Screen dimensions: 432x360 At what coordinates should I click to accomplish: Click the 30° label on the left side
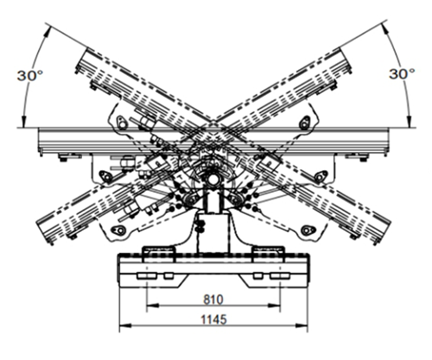[x=30, y=76]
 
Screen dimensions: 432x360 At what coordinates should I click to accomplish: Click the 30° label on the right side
[x=403, y=74]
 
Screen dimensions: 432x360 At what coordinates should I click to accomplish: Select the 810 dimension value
[x=213, y=300]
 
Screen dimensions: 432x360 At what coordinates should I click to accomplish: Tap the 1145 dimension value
[x=213, y=319]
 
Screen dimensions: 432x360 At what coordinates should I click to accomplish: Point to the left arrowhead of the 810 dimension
[x=152, y=306]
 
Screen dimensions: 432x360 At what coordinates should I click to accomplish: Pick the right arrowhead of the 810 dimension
[x=274, y=306]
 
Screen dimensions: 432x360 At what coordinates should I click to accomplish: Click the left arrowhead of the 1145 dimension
[x=125, y=325]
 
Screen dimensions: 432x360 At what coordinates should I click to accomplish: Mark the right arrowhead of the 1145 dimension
[x=302, y=325]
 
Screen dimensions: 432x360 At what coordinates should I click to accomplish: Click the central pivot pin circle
[x=213, y=180]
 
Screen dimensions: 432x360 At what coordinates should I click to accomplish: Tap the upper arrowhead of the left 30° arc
[x=46, y=32]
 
